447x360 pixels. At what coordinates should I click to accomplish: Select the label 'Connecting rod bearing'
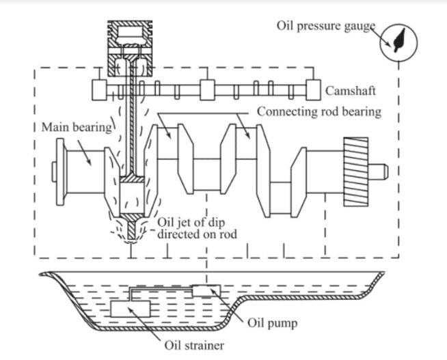pyautogui.click(x=319, y=111)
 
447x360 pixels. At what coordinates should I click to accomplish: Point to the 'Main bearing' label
pyautogui.click(x=74, y=127)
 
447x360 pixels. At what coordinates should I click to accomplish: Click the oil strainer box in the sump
pyautogui.click(x=131, y=308)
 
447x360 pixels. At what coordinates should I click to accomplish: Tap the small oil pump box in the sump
pyautogui.click(x=206, y=290)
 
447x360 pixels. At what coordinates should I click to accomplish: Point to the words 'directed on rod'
pyautogui.click(x=195, y=234)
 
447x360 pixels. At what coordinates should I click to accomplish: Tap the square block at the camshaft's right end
pyautogui.click(x=314, y=89)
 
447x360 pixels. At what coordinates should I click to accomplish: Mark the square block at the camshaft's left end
pyautogui.click(x=101, y=89)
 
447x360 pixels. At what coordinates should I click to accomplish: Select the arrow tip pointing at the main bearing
pyautogui.click(x=93, y=163)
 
